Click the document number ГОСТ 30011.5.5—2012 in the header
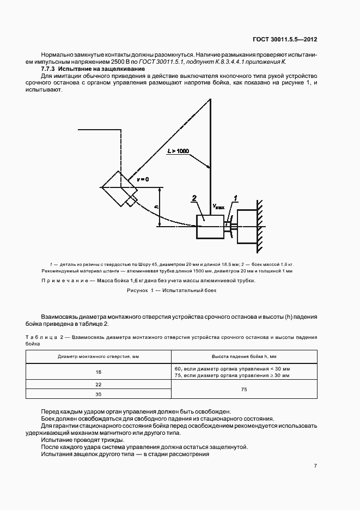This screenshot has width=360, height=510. point(285,40)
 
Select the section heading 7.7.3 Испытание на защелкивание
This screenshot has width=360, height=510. point(93,70)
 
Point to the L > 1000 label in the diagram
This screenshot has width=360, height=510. point(179,149)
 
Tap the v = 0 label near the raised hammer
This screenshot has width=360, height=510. point(143,179)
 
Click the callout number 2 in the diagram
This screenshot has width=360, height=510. point(193,199)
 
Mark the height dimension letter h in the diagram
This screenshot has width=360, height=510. point(156,207)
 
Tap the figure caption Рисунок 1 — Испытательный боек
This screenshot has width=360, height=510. point(172,291)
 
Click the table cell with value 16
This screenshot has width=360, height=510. point(99,372)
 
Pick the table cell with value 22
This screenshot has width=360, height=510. point(99,385)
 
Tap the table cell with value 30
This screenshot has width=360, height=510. point(99,394)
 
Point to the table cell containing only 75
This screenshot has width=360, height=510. point(243,390)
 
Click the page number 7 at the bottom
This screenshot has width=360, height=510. point(315,466)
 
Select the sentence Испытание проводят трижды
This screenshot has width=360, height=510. point(82,440)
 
